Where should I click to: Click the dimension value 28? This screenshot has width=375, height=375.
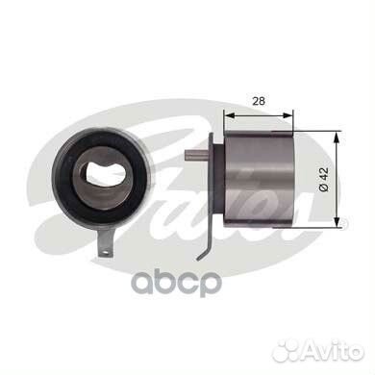click(x=259, y=101)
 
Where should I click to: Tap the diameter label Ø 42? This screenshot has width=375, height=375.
click(x=324, y=180)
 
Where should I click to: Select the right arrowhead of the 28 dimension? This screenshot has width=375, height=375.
click(x=287, y=115)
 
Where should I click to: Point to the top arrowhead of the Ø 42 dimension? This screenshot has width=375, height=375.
click(x=337, y=137)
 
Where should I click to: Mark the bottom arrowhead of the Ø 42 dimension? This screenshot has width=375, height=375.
click(x=337, y=221)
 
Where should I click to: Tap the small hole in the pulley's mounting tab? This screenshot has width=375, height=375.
click(x=104, y=252)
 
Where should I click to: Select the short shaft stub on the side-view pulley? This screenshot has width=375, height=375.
click(x=197, y=156)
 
